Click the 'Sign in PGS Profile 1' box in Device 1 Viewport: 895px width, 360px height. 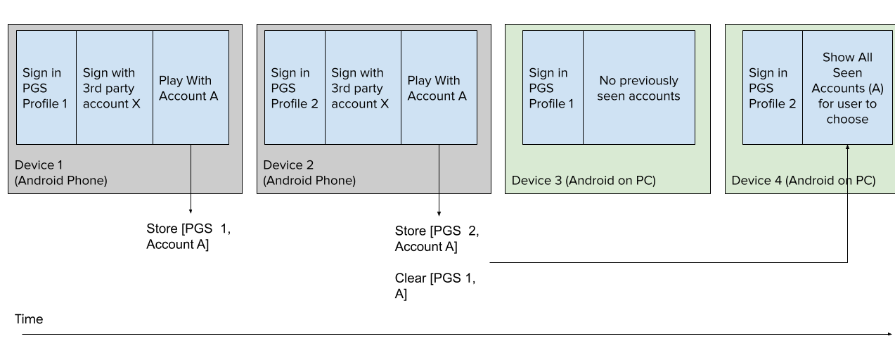click(46, 88)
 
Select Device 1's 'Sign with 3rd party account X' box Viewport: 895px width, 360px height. click(114, 88)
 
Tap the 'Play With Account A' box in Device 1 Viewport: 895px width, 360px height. click(191, 88)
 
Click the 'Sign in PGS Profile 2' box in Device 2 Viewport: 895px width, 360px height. click(295, 88)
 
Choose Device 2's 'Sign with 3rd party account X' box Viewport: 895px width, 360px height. click(363, 88)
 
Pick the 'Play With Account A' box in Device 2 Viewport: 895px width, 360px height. click(439, 88)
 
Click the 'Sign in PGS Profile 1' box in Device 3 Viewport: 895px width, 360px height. click(553, 88)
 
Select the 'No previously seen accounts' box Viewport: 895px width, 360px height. click(638, 88)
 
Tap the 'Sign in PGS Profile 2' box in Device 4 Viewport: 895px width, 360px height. click(772, 88)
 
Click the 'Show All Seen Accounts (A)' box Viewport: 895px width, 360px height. click(847, 88)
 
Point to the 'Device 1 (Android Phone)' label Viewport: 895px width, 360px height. click(61, 173)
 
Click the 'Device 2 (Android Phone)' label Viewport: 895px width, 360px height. click(309, 173)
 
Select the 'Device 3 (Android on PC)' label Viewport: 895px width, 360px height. click(584, 181)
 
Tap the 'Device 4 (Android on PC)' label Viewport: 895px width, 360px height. click(803, 181)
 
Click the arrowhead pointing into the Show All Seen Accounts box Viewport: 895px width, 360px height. click(847, 148)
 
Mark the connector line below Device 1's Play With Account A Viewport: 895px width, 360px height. click(191, 169)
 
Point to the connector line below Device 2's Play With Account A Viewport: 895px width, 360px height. click(439, 169)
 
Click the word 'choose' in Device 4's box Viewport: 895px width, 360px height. click(847, 120)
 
